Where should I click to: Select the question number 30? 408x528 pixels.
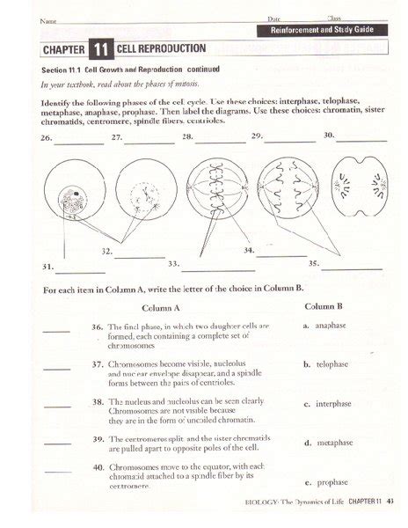[x=329, y=136]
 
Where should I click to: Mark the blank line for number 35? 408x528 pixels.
[x=352, y=267]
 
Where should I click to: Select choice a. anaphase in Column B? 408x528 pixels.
[x=325, y=326]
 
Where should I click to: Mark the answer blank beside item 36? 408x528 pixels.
[x=56, y=331]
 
